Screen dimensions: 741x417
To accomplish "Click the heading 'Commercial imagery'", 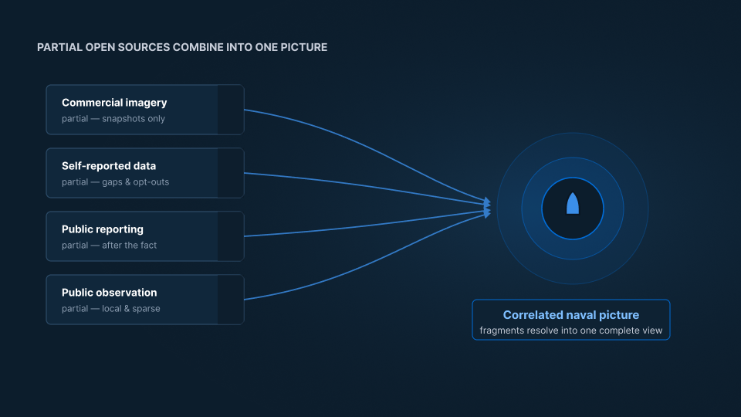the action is click(114, 103).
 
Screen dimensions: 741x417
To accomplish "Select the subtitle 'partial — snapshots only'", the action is click(113, 119).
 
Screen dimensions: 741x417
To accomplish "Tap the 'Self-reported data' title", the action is click(109, 166).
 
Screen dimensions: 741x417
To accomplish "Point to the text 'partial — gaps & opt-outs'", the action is click(115, 182).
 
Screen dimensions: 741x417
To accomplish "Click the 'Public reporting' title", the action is click(103, 229).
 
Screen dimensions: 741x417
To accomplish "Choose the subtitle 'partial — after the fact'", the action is click(109, 246).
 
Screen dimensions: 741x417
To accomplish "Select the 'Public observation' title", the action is click(109, 293).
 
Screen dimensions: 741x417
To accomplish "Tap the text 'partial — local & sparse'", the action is click(111, 309).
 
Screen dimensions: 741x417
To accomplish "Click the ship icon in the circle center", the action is click(573, 204).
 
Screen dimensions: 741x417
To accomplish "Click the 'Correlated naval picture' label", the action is click(571, 315).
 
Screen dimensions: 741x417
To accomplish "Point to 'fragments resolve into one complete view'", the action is click(571, 331).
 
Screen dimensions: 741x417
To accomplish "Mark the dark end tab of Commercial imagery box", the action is click(231, 110).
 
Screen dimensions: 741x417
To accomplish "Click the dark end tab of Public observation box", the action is click(231, 300).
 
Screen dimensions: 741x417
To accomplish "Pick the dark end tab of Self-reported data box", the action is click(231, 173).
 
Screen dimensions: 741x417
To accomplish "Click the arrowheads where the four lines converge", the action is click(487, 208).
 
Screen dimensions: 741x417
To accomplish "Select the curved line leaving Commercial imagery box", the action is click(374, 149).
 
